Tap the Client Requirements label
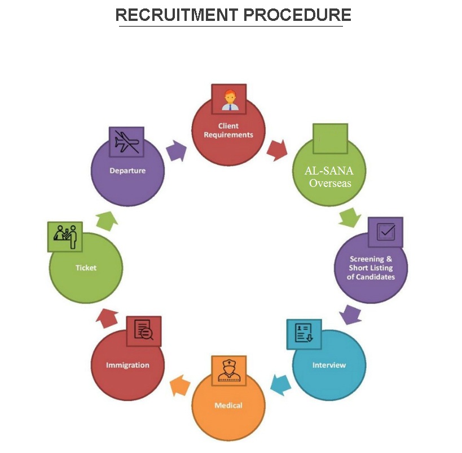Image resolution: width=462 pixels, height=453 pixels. (x=228, y=130)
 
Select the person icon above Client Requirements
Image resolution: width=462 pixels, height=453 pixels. (x=229, y=100)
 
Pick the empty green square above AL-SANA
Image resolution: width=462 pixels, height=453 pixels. (x=330, y=138)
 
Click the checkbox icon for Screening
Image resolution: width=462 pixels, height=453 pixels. (x=386, y=232)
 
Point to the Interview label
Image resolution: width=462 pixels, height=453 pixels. (x=329, y=365)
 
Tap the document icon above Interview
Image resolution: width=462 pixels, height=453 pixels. (x=304, y=334)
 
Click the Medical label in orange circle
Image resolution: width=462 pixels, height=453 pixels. (x=228, y=406)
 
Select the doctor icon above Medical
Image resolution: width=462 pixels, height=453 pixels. (x=228, y=371)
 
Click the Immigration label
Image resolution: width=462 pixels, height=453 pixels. (x=127, y=365)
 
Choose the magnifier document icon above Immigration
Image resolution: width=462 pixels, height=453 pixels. (x=144, y=331)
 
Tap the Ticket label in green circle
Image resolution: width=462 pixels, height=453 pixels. (x=86, y=268)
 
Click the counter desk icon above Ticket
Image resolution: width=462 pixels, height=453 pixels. (x=65, y=236)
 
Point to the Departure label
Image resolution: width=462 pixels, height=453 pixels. (x=127, y=170)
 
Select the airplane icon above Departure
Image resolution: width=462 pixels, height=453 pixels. (x=126, y=141)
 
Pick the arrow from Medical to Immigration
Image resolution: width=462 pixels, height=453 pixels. (x=179, y=386)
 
